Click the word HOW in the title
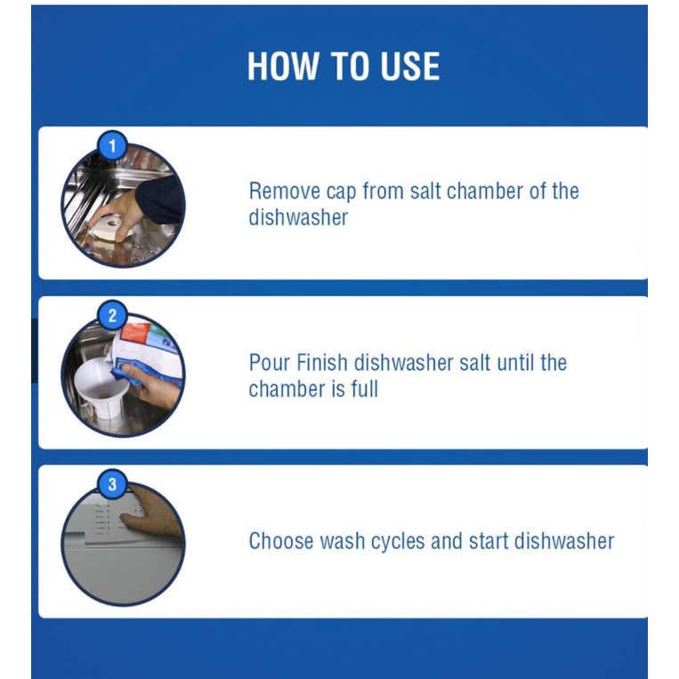tap(282, 66)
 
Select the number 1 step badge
tap(112, 146)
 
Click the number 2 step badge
tap(112, 315)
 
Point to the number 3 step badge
tap(112, 484)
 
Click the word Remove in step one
tap(285, 191)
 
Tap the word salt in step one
tap(425, 191)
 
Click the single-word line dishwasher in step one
tap(298, 217)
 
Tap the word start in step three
tap(489, 541)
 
